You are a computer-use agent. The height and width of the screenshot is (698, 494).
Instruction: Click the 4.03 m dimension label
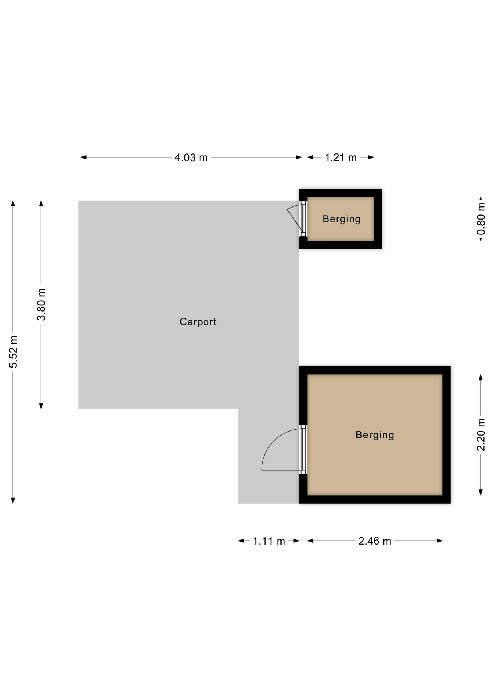click(x=191, y=157)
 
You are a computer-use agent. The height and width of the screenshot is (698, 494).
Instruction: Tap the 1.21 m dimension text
click(x=341, y=157)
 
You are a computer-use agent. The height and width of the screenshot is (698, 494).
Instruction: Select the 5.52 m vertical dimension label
click(x=13, y=352)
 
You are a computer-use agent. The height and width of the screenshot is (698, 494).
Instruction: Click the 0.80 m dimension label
click(x=481, y=219)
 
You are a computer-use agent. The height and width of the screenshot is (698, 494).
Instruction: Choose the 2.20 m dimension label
click(x=481, y=435)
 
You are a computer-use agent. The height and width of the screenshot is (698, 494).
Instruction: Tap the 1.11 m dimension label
click(x=269, y=541)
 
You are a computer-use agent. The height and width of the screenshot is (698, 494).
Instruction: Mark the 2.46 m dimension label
click(x=375, y=541)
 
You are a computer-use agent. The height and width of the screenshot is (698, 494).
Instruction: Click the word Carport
click(x=198, y=322)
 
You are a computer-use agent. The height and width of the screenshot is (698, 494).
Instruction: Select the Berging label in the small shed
click(x=342, y=219)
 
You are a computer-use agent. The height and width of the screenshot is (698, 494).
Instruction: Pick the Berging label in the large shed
click(x=375, y=435)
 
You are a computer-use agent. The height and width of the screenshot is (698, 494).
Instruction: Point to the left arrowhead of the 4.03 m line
click(x=83, y=157)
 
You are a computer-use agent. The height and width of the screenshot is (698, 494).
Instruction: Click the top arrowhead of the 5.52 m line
click(x=13, y=204)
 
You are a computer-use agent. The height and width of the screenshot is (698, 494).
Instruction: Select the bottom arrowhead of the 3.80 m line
click(x=41, y=406)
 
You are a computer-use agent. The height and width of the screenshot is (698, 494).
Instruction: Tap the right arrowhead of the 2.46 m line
click(x=439, y=541)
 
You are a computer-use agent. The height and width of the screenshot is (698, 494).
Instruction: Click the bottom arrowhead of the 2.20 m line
click(x=481, y=492)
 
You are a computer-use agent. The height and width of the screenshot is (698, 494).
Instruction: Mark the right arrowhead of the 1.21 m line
click(x=371, y=157)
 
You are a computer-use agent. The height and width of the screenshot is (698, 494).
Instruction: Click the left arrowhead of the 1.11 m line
click(x=241, y=541)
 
